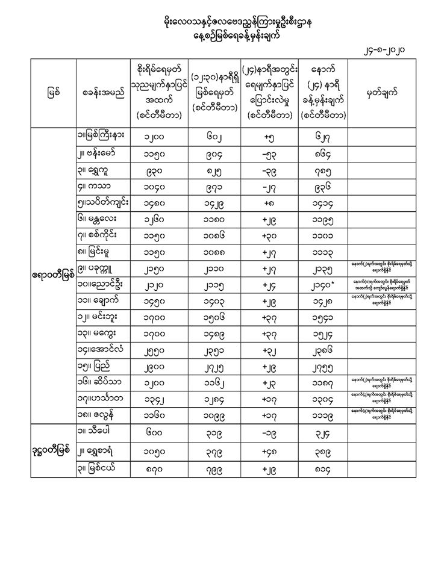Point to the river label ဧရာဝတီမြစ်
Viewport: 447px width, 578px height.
[x=54, y=275]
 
